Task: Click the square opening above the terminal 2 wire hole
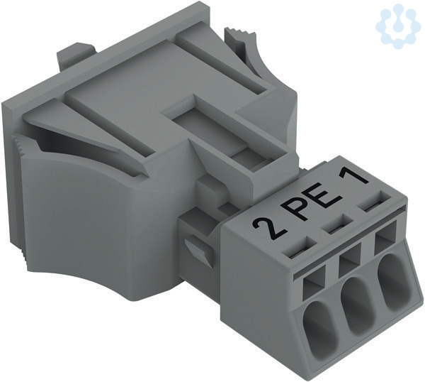tap(314, 283)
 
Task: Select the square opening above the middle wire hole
tap(350, 261)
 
